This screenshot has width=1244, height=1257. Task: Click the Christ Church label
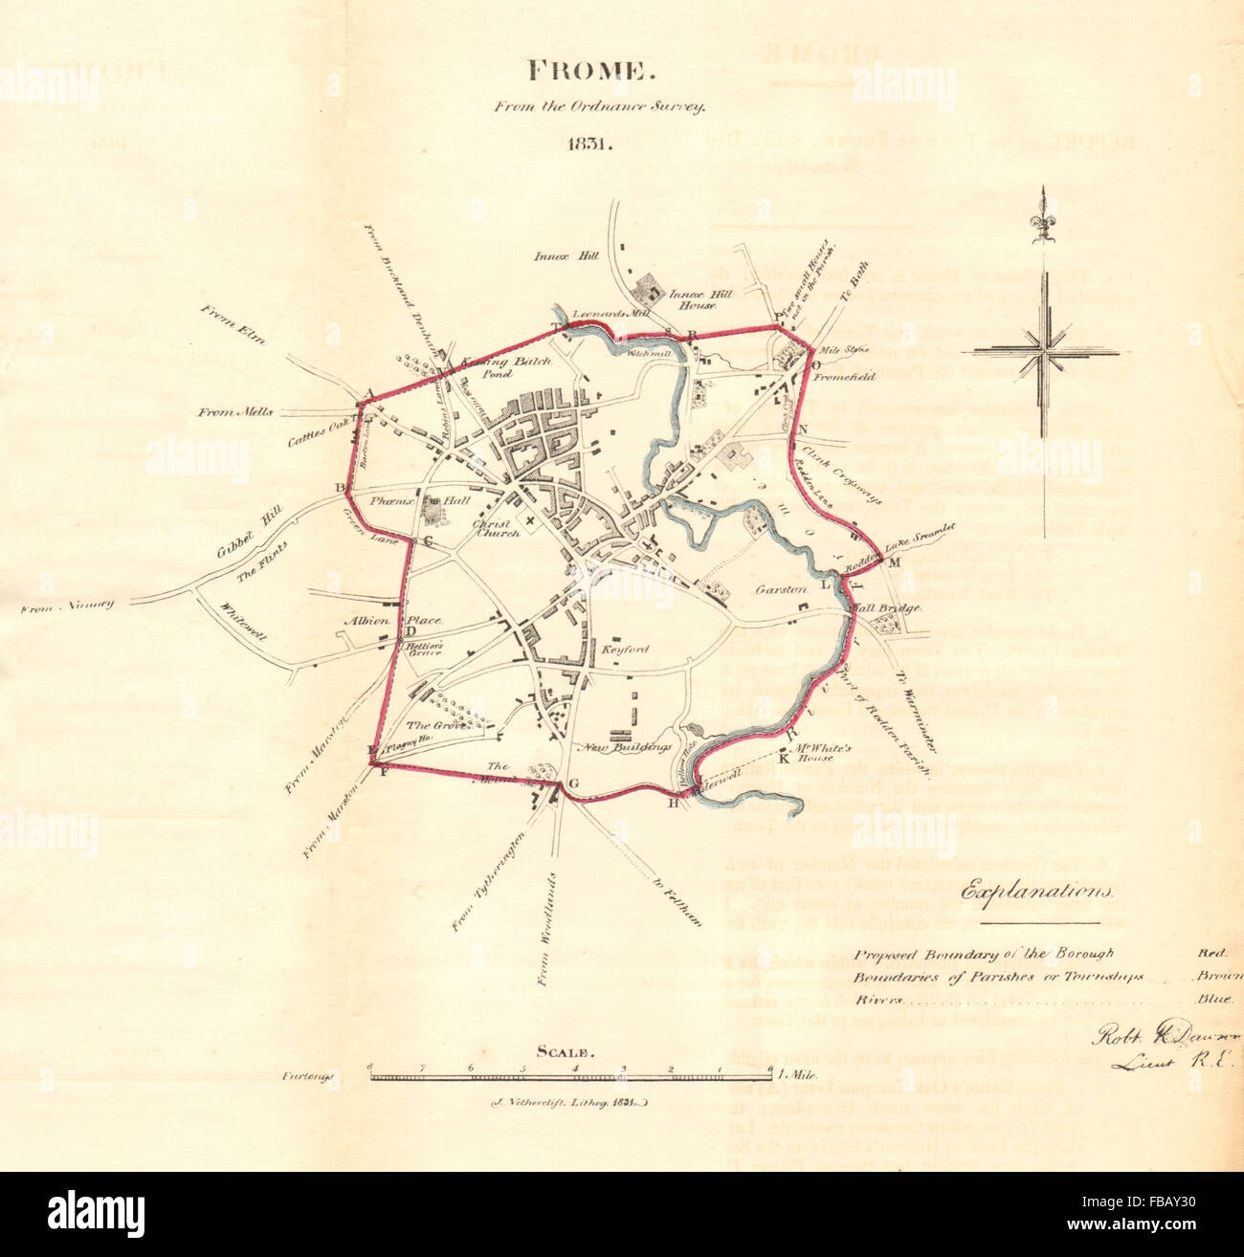point(496,527)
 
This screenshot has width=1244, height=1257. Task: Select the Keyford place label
point(624,651)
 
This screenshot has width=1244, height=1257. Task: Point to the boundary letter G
point(573,783)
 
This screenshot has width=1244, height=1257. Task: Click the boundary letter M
point(895,562)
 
